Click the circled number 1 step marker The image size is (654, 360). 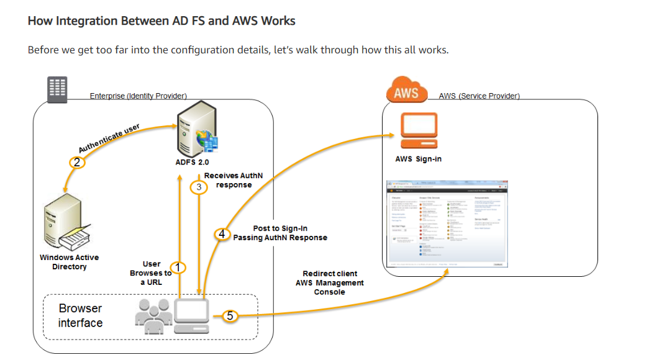tap(178, 268)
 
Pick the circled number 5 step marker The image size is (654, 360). tap(230, 316)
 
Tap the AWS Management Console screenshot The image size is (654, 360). tap(445, 223)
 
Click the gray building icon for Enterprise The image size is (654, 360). tap(58, 89)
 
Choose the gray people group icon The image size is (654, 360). tap(153, 312)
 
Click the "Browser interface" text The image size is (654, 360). tap(81, 315)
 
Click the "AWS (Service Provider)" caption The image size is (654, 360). tap(479, 96)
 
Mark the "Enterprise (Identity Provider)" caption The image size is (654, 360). tap(138, 96)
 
